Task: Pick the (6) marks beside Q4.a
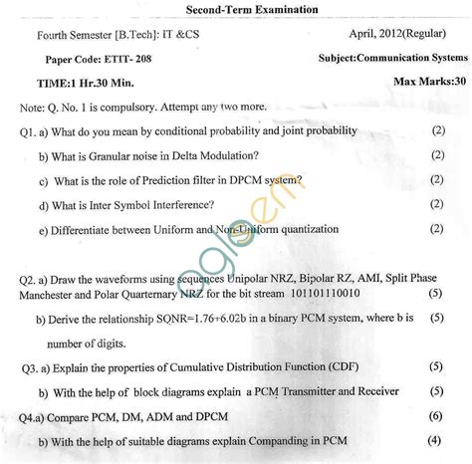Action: pyautogui.click(x=435, y=415)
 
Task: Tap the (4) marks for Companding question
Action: pyautogui.click(x=434, y=440)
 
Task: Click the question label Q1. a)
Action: pyautogui.click(x=36, y=131)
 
